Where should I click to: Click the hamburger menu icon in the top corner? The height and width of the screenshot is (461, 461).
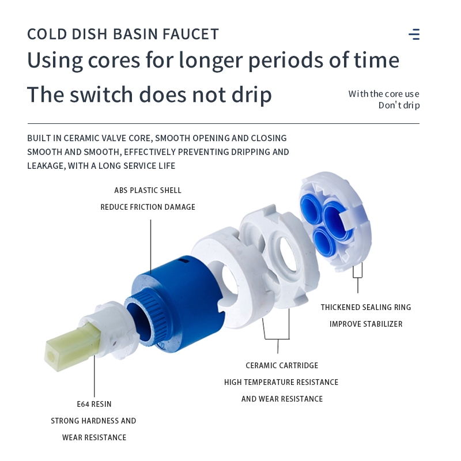click(414, 34)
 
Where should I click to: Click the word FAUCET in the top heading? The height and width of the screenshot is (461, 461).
click(191, 34)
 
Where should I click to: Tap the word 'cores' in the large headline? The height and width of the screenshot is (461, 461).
click(114, 61)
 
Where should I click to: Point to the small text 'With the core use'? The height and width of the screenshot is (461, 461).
click(384, 94)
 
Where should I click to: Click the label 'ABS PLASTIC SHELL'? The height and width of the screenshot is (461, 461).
click(148, 191)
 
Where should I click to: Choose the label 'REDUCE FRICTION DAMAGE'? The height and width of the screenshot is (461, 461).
click(148, 207)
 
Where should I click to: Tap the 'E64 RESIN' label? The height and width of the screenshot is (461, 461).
click(94, 405)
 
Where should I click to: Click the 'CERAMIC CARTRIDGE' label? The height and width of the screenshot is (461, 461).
click(282, 365)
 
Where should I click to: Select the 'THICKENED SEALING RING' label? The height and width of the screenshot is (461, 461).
click(366, 307)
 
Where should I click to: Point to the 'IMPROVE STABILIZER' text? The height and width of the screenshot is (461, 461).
click(366, 324)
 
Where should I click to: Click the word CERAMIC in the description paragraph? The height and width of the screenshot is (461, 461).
click(82, 138)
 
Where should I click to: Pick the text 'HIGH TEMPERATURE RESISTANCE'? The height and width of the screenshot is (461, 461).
click(281, 382)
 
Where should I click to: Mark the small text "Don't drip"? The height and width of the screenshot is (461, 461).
click(399, 105)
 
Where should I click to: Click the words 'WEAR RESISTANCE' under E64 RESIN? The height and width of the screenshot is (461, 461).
click(94, 437)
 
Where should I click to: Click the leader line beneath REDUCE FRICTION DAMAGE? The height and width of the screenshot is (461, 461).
click(151, 247)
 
